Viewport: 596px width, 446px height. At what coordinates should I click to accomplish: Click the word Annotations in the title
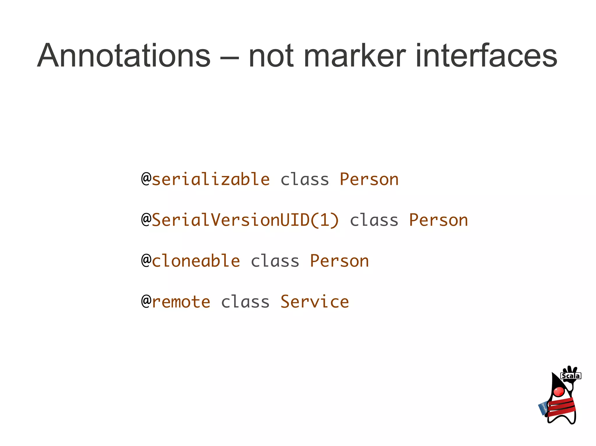point(124,55)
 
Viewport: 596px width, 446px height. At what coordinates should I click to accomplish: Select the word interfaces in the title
point(486,55)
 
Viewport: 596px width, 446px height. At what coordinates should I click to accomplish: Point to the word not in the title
point(271,55)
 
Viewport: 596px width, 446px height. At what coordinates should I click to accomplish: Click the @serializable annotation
point(205,179)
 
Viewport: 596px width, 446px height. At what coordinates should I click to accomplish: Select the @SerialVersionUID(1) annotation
point(240,220)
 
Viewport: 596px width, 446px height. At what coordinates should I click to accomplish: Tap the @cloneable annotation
point(191,261)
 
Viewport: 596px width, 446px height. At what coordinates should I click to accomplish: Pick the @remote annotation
point(176,302)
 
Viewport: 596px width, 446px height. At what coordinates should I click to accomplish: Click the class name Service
point(315,302)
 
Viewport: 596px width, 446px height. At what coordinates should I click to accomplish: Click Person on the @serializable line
point(369,179)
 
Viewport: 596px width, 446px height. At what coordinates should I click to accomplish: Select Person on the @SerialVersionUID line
point(438,220)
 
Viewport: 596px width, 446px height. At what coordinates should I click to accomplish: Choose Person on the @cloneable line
point(339,261)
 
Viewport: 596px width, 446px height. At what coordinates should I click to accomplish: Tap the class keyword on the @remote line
point(245,302)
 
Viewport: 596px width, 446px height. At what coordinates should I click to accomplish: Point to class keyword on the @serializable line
point(305,179)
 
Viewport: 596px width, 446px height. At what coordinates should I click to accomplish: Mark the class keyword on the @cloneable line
point(275,261)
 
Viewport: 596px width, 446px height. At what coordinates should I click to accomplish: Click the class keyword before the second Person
point(374,220)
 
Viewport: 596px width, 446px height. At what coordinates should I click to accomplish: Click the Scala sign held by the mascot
point(571,376)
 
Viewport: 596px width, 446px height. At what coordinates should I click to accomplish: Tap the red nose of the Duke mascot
point(559,391)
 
